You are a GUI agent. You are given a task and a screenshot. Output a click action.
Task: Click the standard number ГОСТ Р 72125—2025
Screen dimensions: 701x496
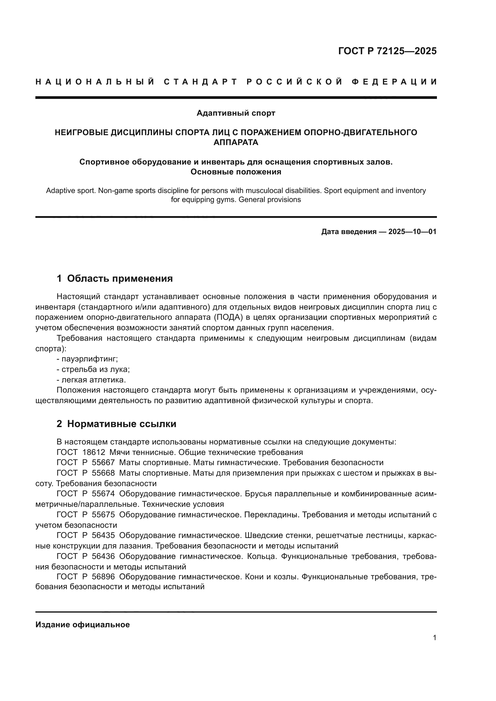click(387, 51)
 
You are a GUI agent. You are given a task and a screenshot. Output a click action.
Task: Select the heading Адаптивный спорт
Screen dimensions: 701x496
click(236, 113)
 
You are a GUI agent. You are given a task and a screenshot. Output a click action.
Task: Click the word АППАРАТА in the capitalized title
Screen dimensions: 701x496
click(236, 142)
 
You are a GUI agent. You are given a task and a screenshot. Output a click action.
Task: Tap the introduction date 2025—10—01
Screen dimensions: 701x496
click(412, 232)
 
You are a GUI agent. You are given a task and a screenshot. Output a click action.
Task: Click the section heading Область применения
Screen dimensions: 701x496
click(120, 278)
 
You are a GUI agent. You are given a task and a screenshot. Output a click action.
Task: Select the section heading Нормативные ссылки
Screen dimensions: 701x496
click(121, 424)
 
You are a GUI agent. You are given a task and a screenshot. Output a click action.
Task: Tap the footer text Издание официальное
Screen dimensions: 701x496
click(82, 625)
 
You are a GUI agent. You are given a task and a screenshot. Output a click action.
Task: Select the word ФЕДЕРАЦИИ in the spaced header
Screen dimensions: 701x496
click(394, 82)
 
